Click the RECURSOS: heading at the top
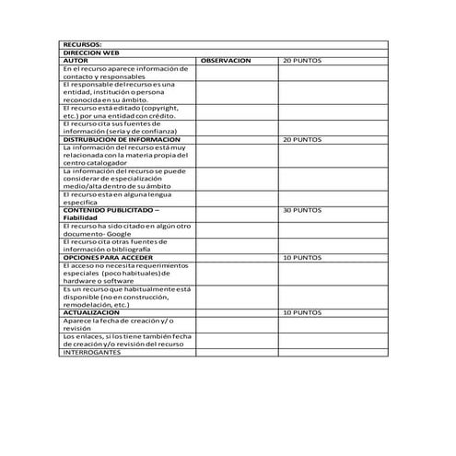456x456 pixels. click(x=82, y=44)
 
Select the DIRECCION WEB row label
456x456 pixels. click(x=90, y=53)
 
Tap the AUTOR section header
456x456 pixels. click(x=75, y=61)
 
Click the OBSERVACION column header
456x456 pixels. click(x=226, y=61)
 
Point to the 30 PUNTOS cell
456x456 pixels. click(x=302, y=210)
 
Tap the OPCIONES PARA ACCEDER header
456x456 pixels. click(x=108, y=257)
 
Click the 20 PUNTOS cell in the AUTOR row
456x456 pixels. click(x=302, y=61)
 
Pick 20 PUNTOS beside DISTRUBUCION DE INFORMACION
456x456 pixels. click(x=302, y=140)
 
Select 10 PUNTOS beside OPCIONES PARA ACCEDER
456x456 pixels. click(x=302, y=257)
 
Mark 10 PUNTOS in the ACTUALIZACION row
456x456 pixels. click(x=302, y=312)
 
